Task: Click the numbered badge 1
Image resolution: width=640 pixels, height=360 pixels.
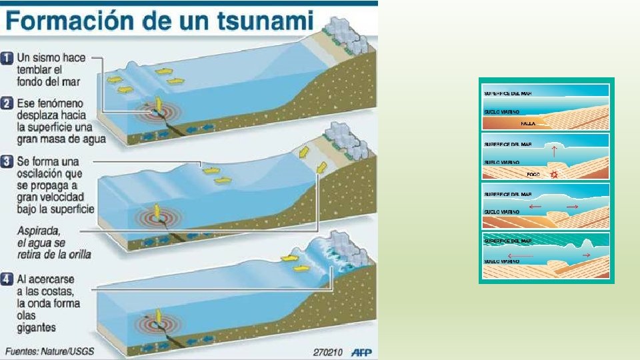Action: coord(7,58)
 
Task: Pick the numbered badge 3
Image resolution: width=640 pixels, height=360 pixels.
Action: coord(7,162)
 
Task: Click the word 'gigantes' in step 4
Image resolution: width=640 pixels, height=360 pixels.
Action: coord(37,327)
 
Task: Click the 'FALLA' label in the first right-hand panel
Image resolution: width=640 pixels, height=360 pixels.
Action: coord(528,123)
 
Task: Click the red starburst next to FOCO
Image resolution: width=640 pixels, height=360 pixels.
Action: coord(552,174)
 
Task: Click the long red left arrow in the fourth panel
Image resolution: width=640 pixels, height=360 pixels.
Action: coord(520,256)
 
